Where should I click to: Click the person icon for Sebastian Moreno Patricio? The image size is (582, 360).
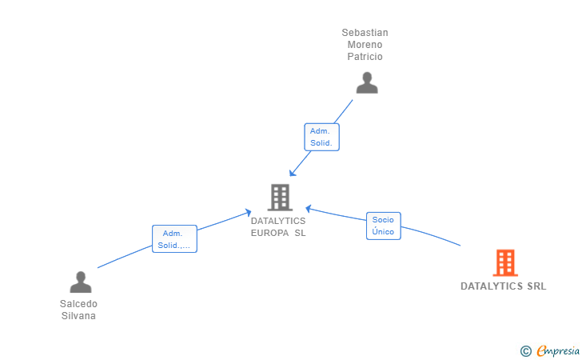367,83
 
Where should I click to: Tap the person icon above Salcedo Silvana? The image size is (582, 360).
81,282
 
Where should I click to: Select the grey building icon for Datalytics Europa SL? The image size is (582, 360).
279,197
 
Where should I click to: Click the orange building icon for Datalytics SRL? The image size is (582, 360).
504,262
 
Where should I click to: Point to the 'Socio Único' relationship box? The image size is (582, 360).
384,226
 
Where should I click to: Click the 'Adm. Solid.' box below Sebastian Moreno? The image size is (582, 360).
323,137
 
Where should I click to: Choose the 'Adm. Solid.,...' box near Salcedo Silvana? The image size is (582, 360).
174,239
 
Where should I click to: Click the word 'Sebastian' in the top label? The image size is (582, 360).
365,33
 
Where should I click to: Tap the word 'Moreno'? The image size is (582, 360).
365,45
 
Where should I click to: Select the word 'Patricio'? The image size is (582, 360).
365,57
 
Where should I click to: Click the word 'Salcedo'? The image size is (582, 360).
79,304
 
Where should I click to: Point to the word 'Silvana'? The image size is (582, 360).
79,316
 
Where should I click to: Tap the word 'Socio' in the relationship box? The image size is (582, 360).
384,220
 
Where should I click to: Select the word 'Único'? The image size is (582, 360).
384,232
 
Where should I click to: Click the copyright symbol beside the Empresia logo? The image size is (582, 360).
525,350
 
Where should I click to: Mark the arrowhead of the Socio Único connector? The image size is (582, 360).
309,209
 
